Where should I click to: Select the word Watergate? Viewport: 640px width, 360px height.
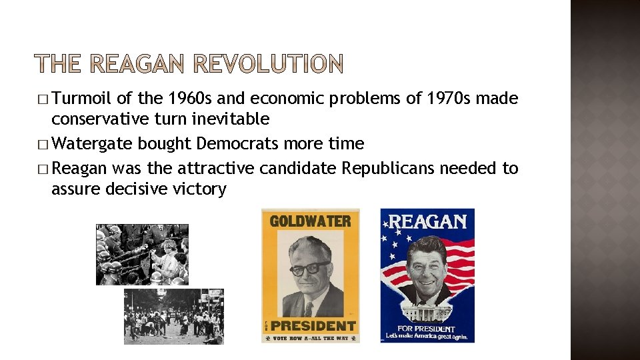pyautogui.click(x=93, y=143)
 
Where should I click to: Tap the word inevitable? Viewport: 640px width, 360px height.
pyautogui.click(x=227, y=119)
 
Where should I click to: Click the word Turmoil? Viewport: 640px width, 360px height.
pyautogui.click(x=82, y=99)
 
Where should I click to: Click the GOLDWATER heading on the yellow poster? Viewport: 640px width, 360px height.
pyautogui.click(x=310, y=221)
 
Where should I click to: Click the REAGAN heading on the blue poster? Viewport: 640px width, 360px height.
pyautogui.click(x=428, y=221)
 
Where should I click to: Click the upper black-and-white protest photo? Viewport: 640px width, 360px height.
pyautogui.click(x=142, y=254)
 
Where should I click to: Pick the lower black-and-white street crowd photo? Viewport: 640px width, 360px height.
pyautogui.click(x=173, y=316)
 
